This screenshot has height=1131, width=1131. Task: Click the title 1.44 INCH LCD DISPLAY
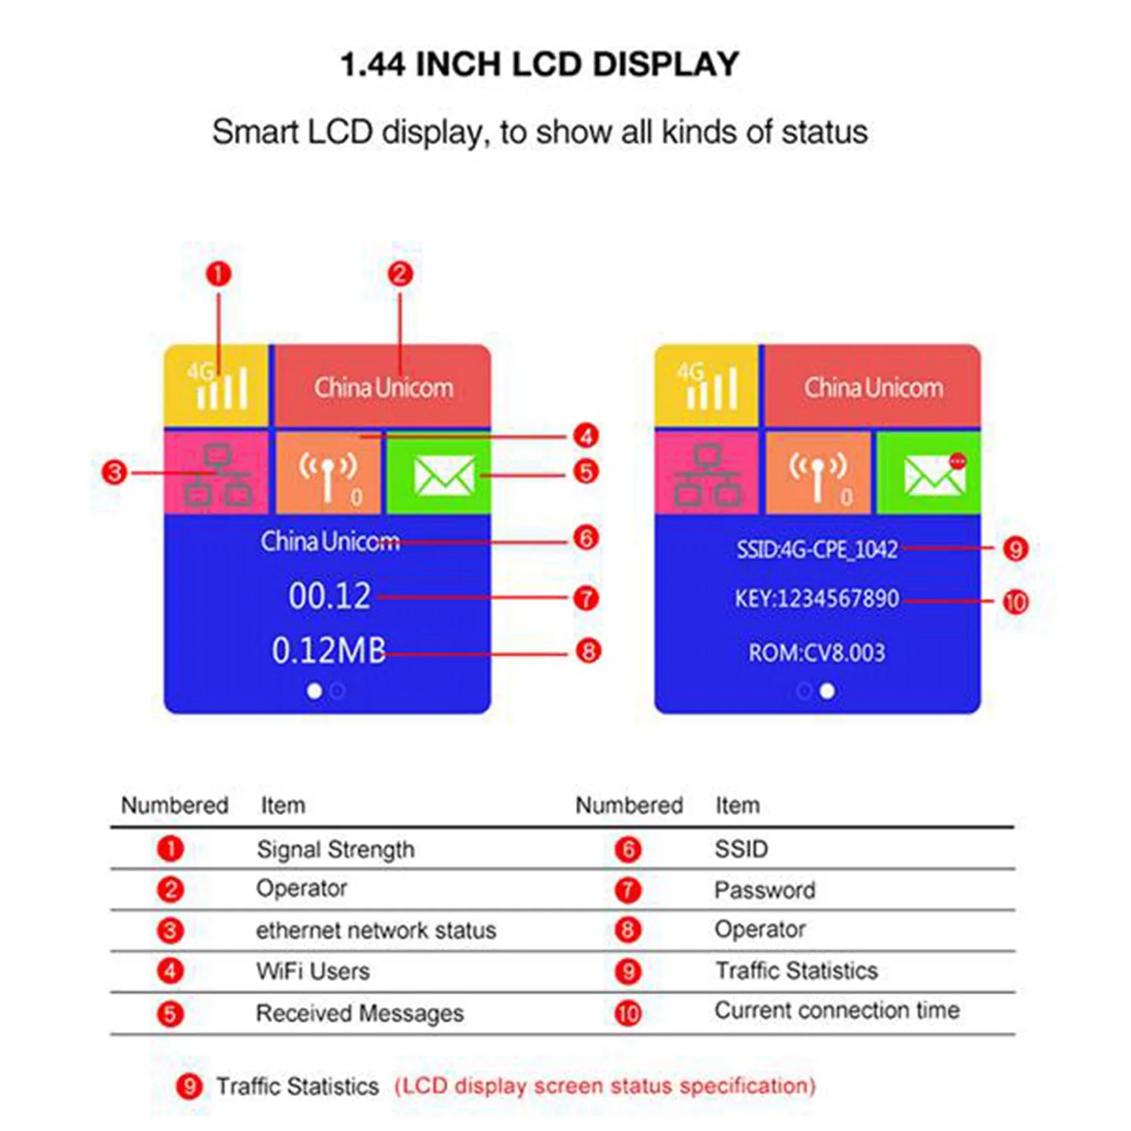[x=540, y=65]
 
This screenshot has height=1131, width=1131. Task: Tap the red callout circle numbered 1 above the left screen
[x=218, y=274]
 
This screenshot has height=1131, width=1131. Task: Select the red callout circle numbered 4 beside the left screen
[x=586, y=436]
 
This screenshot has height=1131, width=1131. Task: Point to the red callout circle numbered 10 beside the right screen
[x=1015, y=603]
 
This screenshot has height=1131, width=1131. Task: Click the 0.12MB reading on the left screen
[x=329, y=651]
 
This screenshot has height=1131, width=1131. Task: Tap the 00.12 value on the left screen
[x=329, y=596]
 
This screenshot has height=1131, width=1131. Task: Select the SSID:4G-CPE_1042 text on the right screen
[x=817, y=550]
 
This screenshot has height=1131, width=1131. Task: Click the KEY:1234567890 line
[x=817, y=599]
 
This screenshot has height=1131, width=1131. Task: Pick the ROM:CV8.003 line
[x=817, y=653]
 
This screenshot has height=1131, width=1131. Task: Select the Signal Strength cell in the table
[x=335, y=850]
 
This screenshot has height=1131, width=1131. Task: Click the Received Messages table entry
[x=360, y=1013]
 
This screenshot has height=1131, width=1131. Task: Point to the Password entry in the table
[x=764, y=890]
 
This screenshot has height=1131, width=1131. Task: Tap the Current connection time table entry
[x=837, y=1011]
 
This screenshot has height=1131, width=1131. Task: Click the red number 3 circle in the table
[x=170, y=931]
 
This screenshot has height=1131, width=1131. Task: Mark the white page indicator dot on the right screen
[x=828, y=691]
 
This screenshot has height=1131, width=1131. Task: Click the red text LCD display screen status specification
[x=605, y=1086]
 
